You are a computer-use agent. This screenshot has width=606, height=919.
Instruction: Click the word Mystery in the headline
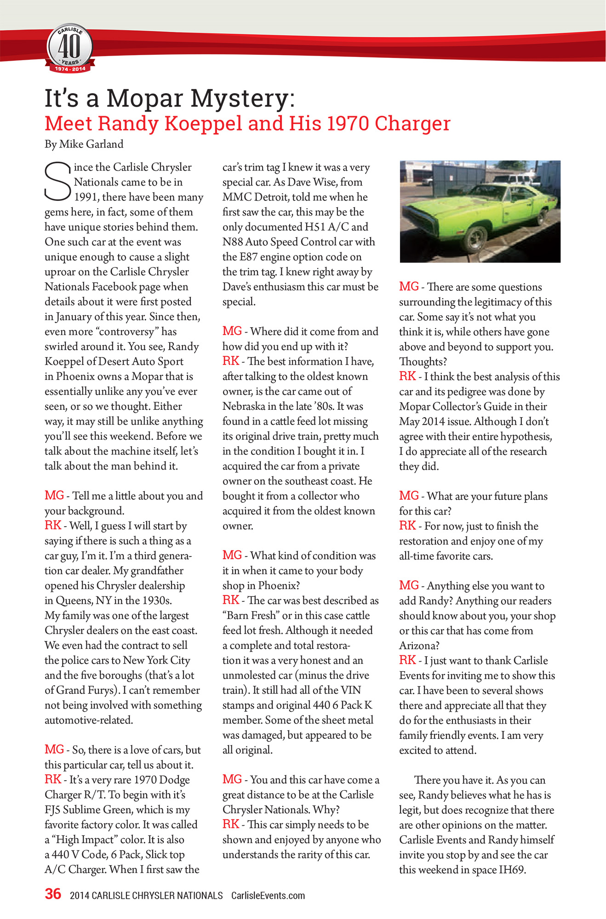[242, 98]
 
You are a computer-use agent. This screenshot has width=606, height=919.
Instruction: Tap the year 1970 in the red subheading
[348, 124]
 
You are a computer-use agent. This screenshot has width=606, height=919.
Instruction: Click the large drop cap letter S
[58, 182]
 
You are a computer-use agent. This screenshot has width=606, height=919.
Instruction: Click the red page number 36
[53, 894]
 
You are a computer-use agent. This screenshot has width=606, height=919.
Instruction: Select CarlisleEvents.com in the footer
[268, 896]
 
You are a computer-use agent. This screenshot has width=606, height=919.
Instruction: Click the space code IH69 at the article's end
[512, 870]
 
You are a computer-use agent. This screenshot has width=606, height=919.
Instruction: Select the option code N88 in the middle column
[233, 242]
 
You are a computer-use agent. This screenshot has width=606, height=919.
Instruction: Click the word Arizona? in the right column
[419, 646]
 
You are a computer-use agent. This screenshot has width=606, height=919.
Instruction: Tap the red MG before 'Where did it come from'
[232, 331]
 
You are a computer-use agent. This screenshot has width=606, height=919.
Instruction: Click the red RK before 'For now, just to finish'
[407, 525]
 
